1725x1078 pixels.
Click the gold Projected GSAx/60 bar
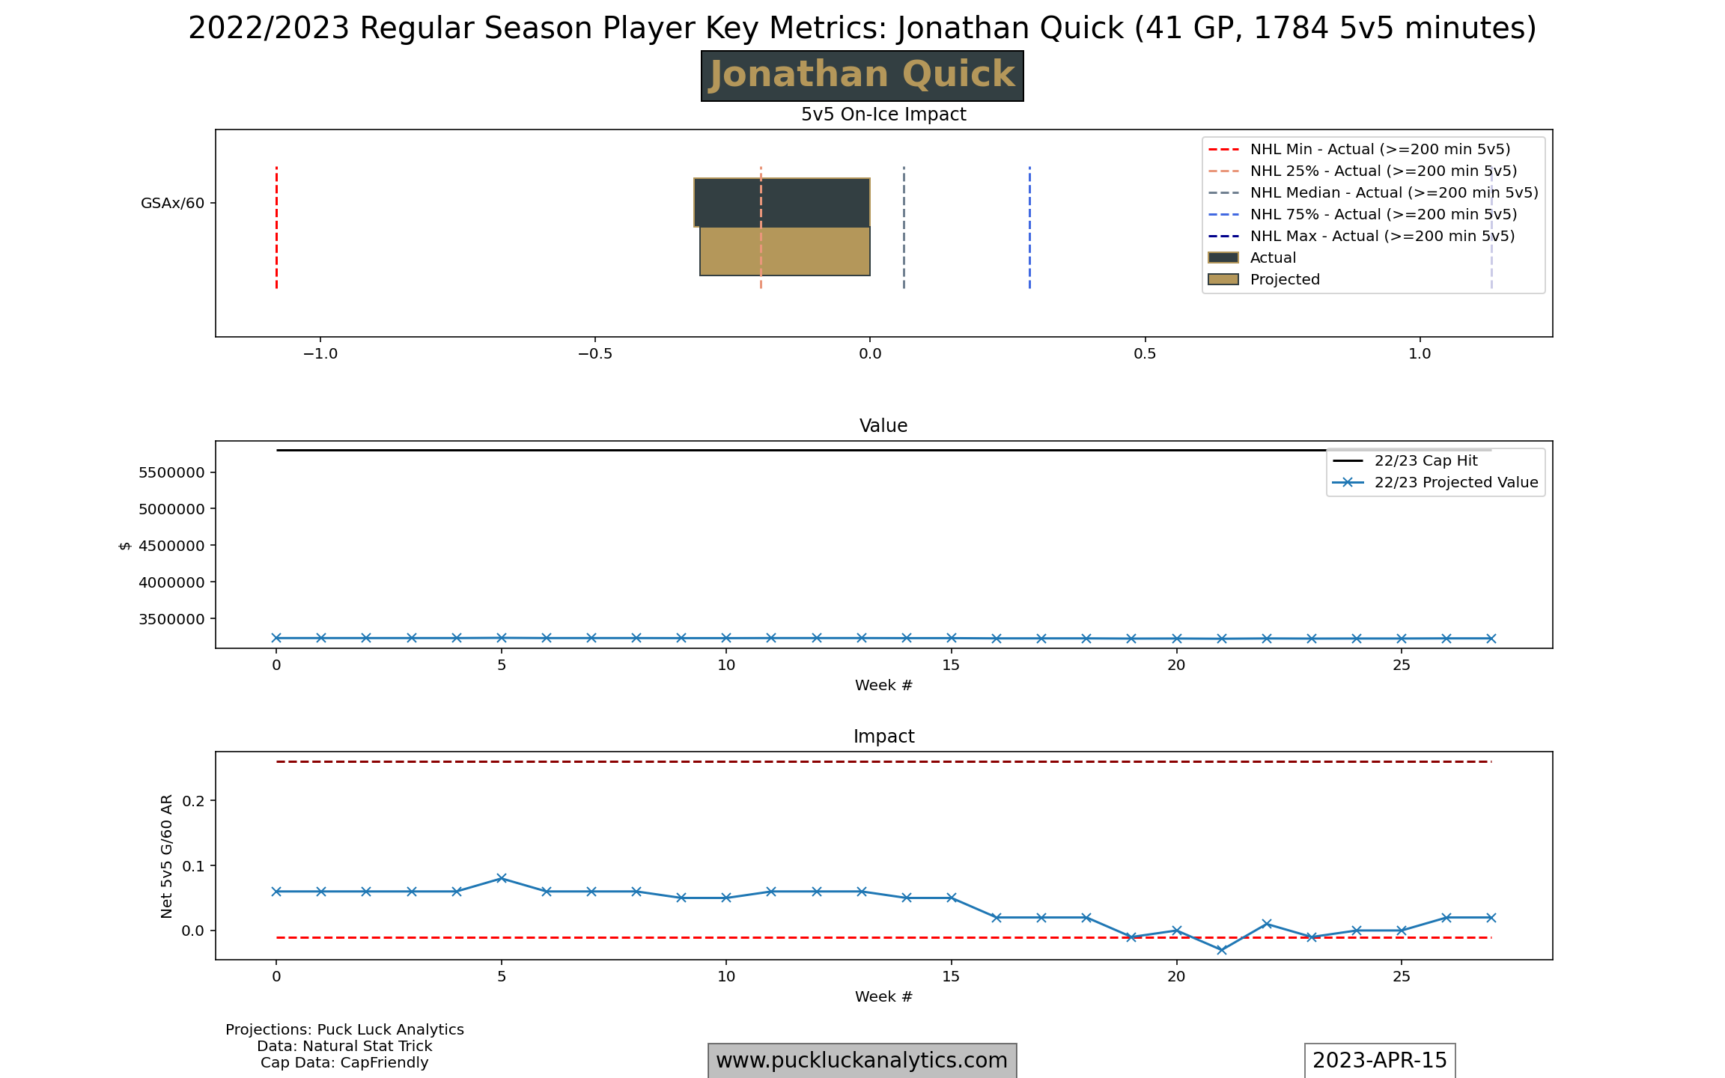click(x=785, y=252)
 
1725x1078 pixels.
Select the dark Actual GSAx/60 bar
click(x=782, y=202)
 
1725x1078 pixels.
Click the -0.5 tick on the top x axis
click(x=595, y=354)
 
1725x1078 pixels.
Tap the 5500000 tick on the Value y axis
click(x=171, y=472)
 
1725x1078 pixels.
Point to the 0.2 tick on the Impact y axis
click(x=193, y=800)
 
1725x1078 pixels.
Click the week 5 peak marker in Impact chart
click(x=502, y=878)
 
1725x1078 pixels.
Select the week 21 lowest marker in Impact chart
click(x=1222, y=950)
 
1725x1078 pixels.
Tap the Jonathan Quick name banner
click(x=862, y=76)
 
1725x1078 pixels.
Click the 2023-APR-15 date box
click(x=1379, y=1060)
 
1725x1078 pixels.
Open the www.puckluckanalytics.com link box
click(x=862, y=1060)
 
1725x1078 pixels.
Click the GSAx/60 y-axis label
click(x=172, y=203)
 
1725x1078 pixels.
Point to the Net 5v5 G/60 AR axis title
click(x=166, y=856)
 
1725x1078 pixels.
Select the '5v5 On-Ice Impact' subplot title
click(x=883, y=115)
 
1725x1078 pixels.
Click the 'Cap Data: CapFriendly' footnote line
click(x=344, y=1062)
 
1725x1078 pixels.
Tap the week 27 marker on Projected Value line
click(x=1491, y=639)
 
